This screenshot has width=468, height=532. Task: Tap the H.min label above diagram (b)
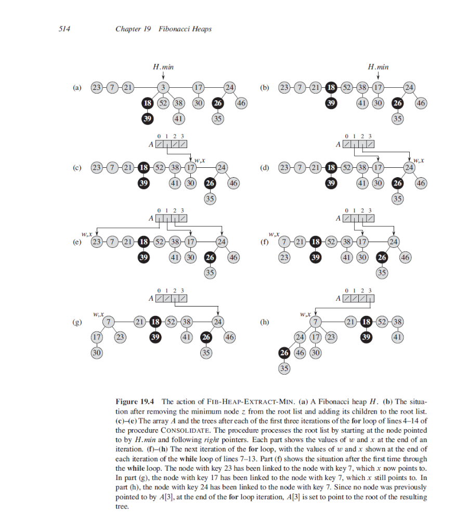click(378, 67)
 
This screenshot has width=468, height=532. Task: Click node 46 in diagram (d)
click(421, 183)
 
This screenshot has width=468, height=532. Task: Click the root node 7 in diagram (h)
click(314, 322)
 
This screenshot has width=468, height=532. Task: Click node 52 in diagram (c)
click(159, 168)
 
